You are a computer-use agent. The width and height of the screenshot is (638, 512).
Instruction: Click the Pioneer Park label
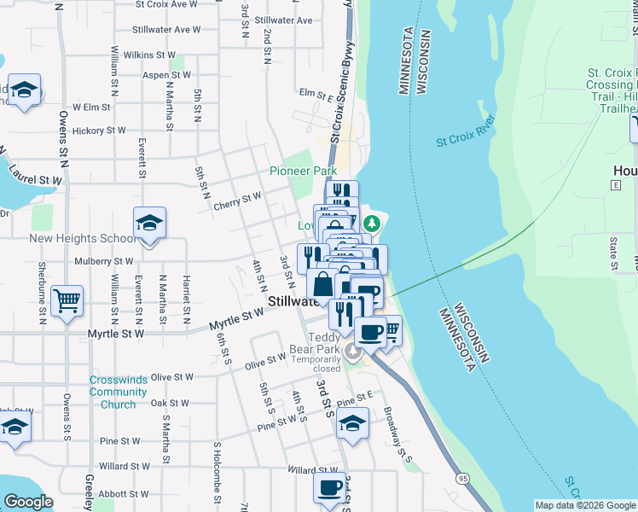tap(304, 171)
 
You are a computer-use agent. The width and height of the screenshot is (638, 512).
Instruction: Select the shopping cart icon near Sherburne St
tap(67, 300)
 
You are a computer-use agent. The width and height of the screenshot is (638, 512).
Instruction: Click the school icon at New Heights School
tap(150, 224)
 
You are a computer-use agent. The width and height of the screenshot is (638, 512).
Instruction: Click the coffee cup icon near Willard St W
tap(329, 488)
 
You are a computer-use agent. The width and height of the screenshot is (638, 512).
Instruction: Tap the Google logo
tap(28, 502)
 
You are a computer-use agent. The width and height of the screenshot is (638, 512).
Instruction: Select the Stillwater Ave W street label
tap(166, 29)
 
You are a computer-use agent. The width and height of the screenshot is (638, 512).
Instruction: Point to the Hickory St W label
tap(99, 131)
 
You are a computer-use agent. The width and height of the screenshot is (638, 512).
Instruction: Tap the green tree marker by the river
tap(371, 224)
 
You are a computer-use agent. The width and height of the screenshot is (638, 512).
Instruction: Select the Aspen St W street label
tap(167, 75)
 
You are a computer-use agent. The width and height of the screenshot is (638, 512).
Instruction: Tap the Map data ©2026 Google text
tap(584, 505)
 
